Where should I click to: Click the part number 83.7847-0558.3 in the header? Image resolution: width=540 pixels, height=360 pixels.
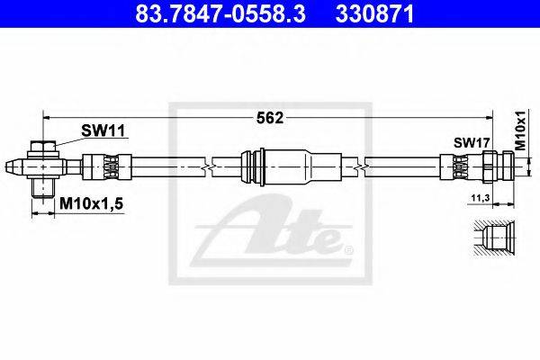tap(220, 14)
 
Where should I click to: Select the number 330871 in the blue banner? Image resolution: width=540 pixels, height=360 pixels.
tap(374, 14)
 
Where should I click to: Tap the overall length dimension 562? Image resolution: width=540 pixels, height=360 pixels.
tap(270, 118)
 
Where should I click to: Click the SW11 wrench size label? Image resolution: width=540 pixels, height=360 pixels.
tap(103, 130)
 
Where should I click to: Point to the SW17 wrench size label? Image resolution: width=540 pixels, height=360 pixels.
tap(472, 142)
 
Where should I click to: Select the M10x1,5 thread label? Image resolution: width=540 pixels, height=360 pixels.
tap(91, 204)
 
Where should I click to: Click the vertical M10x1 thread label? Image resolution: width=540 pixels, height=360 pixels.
tap(521, 130)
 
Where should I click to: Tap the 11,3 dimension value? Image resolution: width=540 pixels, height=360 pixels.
tap(481, 198)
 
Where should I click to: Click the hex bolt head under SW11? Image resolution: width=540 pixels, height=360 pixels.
tap(43, 146)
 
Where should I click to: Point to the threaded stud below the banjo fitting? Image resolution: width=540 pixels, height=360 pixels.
tap(43, 188)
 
